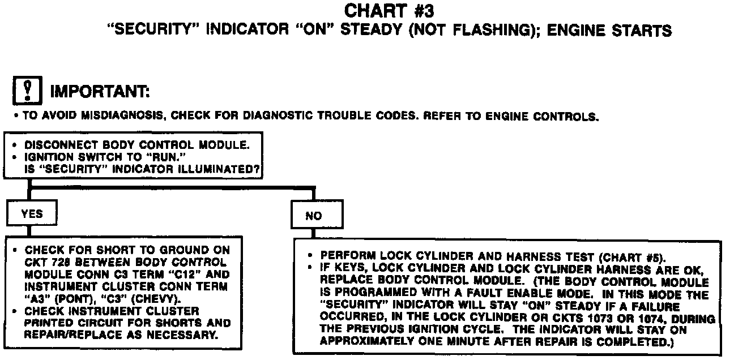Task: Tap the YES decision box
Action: click(31, 214)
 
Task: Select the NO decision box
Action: click(313, 216)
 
